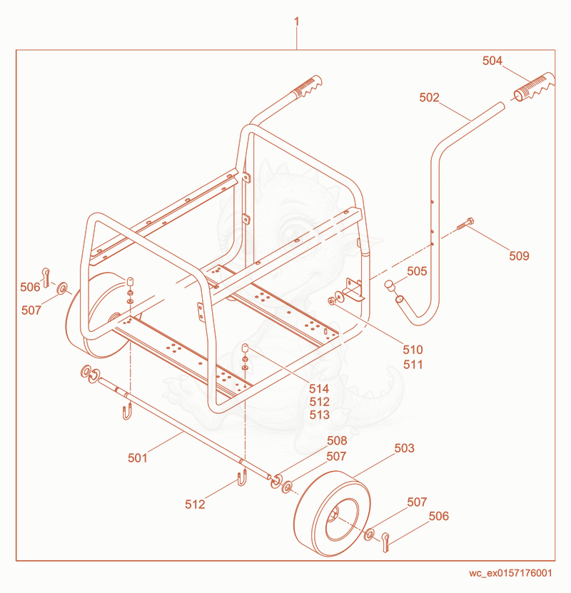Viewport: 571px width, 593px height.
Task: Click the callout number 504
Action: point(492,61)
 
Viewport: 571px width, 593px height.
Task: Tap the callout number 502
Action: point(429,98)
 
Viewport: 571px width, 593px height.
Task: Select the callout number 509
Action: point(519,256)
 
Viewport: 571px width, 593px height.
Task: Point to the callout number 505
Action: point(417,271)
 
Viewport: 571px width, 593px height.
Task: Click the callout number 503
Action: point(404,448)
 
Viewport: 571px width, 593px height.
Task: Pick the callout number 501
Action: point(137,458)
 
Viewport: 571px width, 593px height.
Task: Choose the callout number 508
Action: point(337,440)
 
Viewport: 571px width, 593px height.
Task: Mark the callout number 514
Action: point(319,389)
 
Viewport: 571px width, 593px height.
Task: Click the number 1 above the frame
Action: point(296,21)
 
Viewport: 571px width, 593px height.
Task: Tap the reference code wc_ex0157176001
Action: point(510,573)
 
